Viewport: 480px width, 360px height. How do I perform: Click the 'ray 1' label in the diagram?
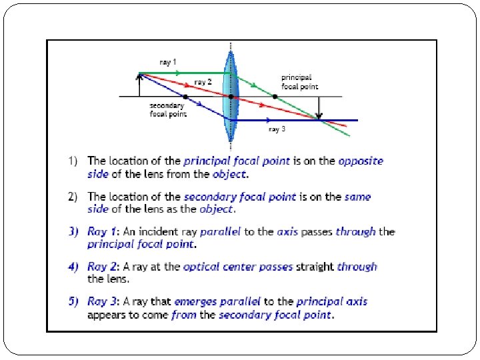point(168,62)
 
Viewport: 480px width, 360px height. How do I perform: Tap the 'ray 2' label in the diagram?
point(203,82)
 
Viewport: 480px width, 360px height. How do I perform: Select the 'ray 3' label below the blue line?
point(277,129)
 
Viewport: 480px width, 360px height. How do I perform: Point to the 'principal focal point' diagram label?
point(299,82)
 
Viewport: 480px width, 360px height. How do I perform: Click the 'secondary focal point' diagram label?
point(168,109)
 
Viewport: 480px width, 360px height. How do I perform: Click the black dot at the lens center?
point(231,97)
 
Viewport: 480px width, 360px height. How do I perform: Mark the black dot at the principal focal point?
point(275,97)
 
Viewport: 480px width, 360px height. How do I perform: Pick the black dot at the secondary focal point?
point(185,97)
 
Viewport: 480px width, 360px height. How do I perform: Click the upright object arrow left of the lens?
point(139,85)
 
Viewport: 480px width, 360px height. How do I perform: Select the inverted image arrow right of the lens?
point(320,108)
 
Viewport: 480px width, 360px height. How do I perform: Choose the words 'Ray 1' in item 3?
point(102,232)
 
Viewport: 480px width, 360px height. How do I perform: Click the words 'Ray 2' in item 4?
point(102,267)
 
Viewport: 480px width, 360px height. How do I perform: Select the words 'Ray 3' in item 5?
point(102,302)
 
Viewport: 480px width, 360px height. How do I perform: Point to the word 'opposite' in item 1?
point(361,161)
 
